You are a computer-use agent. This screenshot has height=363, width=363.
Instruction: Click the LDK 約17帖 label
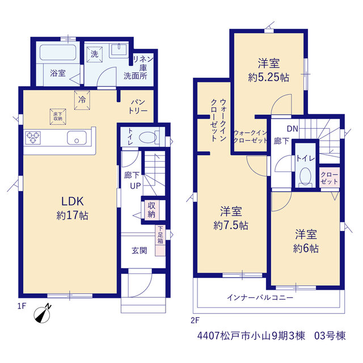pyautogui.click(x=72, y=208)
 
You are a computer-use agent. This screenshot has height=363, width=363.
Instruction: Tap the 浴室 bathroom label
pyautogui.click(x=58, y=73)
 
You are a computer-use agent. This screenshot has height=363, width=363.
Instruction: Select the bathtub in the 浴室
pyautogui.click(x=58, y=52)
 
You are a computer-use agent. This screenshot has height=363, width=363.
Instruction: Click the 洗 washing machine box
pyautogui.click(x=95, y=54)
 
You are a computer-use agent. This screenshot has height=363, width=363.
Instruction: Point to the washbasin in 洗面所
pyautogui.click(x=119, y=50)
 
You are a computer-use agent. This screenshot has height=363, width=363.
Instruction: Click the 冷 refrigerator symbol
pyautogui.click(x=82, y=100)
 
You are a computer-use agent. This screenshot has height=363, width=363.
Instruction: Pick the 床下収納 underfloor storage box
pyautogui.click(x=58, y=117)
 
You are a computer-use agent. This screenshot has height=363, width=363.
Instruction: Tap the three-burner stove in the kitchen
pyautogui.click(x=33, y=138)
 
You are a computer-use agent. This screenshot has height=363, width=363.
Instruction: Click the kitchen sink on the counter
pyautogui.click(x=77, y=138)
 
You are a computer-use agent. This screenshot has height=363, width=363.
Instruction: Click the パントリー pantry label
pyautogui.click(x=138, y=107)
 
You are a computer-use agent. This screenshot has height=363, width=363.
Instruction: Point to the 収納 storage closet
pyautogui.click(x=151, y=210)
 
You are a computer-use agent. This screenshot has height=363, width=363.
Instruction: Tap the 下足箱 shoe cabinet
pyautogui.click(x=160, y=240)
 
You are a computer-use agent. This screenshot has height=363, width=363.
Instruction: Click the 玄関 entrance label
pyautogui.click(x=140, y=251)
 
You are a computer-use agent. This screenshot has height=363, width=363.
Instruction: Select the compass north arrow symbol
pyautogui.click(x=43, y=314)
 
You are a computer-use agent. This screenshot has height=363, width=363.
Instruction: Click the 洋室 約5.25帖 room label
pyautogui.click(x=268, y=70)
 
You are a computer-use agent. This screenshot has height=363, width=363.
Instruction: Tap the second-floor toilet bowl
pyautogui.click(x=305, y=176)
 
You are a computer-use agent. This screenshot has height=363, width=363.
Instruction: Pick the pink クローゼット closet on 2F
pyautogui.click(x=330, y=178)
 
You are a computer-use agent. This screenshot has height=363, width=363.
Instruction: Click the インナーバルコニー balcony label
pyautogui.click(x=260, y=297)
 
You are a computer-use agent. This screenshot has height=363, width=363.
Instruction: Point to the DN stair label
pyautogui.click(x=293, y=129)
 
